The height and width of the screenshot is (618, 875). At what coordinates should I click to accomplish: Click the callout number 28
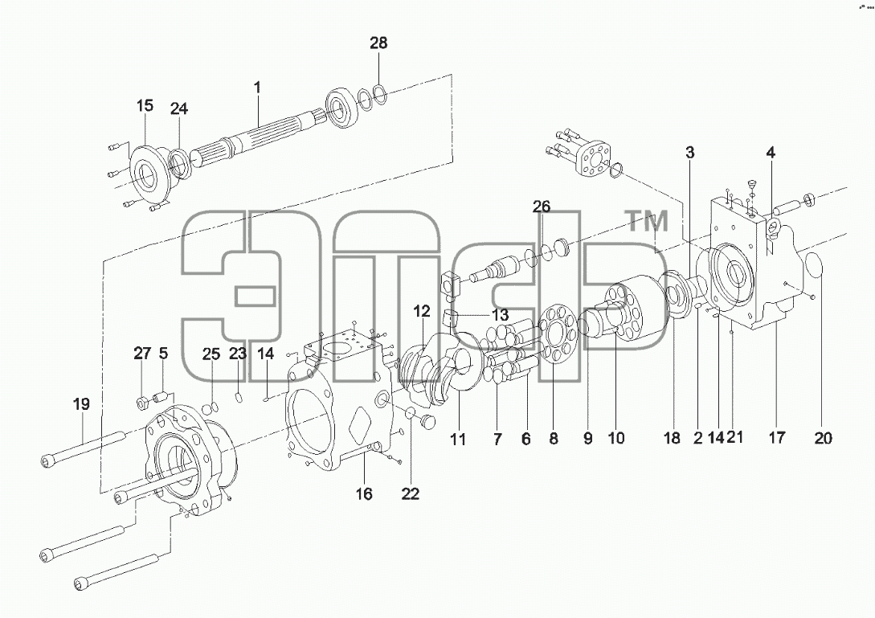tap(378, 43)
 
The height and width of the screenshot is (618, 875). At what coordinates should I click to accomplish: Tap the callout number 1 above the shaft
tap(257, 88)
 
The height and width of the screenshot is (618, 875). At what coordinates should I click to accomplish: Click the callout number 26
tap(542, 207)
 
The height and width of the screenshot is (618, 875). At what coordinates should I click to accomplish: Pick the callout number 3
tap(690, 153)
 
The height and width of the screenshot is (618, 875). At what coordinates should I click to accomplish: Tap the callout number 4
tap(771, 153)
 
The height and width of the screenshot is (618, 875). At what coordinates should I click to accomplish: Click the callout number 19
tap(81, 404)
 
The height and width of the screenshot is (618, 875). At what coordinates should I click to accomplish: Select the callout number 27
tap(142, 354)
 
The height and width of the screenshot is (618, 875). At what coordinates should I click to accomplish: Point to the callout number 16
tap(364, 494)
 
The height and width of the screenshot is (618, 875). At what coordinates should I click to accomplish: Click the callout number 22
tap(410, 494)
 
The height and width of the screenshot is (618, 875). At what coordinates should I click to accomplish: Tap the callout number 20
tap(823, 438)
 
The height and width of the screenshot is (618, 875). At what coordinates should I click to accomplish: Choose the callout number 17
tap(777, 438)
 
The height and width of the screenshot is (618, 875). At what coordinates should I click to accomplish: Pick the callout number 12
tap(423, 311)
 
